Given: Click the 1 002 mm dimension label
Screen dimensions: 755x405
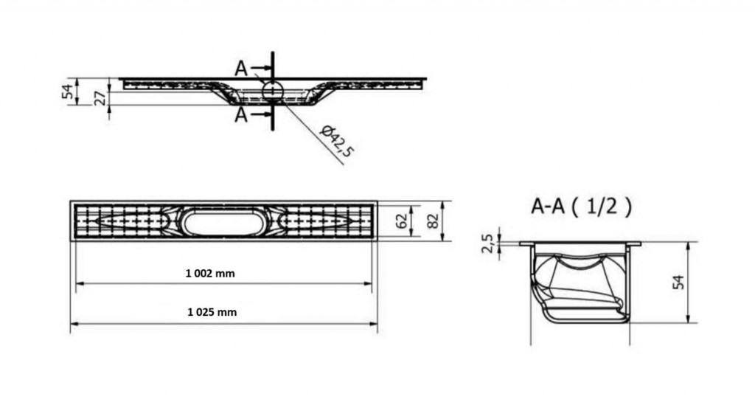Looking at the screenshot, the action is coord(210,274).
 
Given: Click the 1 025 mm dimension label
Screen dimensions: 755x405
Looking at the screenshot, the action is coord(212,312).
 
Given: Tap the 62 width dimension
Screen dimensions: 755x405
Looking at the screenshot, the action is coord(402,221).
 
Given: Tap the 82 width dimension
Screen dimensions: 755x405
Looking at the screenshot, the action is coord(433,221).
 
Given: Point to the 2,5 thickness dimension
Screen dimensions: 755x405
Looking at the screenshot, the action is coord(487,243).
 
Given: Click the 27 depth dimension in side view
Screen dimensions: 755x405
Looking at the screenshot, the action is coord(100,98).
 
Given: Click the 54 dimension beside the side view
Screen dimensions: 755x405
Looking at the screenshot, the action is coord(69,91).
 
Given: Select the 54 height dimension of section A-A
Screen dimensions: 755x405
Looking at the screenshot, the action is coord(678,283).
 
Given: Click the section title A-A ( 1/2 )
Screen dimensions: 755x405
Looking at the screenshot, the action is coord(581,207).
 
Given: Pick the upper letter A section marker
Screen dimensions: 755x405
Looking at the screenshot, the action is coord(241,69).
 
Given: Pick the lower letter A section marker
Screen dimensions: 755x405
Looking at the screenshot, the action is coord(241,115).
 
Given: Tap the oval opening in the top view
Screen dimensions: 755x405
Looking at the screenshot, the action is coord(221,223).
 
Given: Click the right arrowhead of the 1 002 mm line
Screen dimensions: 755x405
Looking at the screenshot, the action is coord(368,283).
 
